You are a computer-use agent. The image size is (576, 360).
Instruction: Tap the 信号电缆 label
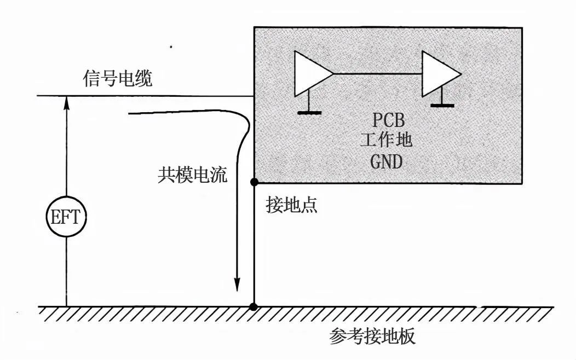pos(118,79)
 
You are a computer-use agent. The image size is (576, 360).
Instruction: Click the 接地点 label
pos(292,205)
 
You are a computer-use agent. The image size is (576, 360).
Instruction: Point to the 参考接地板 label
pos(372,336)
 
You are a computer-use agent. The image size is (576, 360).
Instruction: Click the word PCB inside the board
pos(389,120)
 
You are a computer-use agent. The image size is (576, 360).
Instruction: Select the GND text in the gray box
pos(387,162)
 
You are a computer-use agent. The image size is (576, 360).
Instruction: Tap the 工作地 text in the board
pos(387,141)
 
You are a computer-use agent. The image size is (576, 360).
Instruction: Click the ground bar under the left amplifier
pos(310,113)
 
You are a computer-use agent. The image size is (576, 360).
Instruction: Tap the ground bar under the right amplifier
pos(442,106)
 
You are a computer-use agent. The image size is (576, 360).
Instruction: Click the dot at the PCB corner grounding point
pos(254,182)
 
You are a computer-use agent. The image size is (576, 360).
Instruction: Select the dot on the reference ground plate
pos(254,306)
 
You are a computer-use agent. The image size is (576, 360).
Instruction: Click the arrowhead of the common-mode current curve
pos(237,284)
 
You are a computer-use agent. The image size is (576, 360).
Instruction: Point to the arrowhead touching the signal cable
pos(66,103)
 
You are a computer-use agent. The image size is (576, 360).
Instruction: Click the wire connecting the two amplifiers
pos(378,74)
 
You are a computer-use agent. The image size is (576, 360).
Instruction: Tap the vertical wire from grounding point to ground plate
pos(254,244)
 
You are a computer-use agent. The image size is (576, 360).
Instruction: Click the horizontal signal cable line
pos(146,96)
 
